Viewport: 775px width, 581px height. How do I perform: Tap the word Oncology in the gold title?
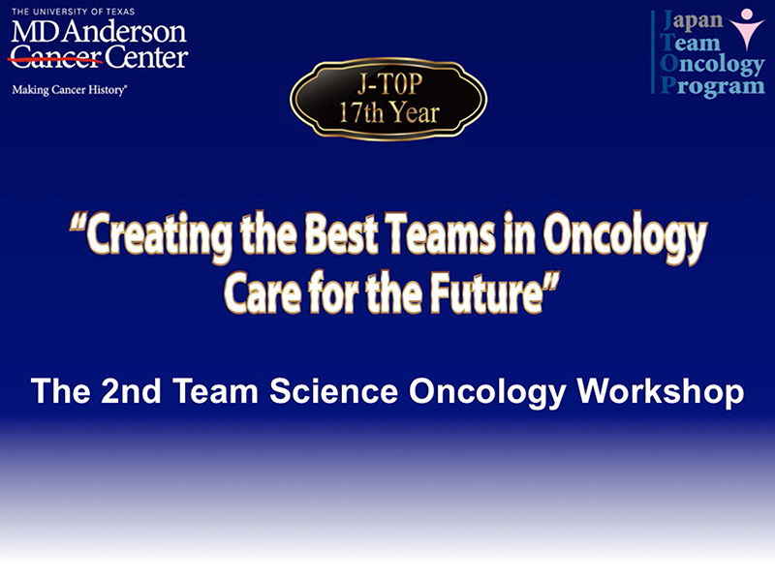pos(625,236)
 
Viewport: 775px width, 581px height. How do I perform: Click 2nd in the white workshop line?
pos(131,391)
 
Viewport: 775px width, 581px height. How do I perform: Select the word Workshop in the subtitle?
pos(661,392)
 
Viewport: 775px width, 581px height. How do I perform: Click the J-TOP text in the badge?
pos(390,84)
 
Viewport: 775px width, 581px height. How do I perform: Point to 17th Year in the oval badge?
pos(389,112)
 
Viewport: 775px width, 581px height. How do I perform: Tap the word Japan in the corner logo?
pos(692,19)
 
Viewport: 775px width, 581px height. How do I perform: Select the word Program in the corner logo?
pos(713,86)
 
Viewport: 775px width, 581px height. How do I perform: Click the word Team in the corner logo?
pos(691,43)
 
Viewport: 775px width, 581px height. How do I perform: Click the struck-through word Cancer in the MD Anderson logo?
pos(55,57)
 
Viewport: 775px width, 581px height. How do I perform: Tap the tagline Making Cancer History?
pos(69,90)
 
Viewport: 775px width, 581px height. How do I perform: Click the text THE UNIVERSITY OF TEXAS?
pos(74,12)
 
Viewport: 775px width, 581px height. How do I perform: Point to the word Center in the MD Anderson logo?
pos(146,57)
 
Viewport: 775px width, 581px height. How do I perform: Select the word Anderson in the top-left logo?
pos(125,32)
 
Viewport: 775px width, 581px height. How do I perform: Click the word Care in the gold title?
pos(263,291)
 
